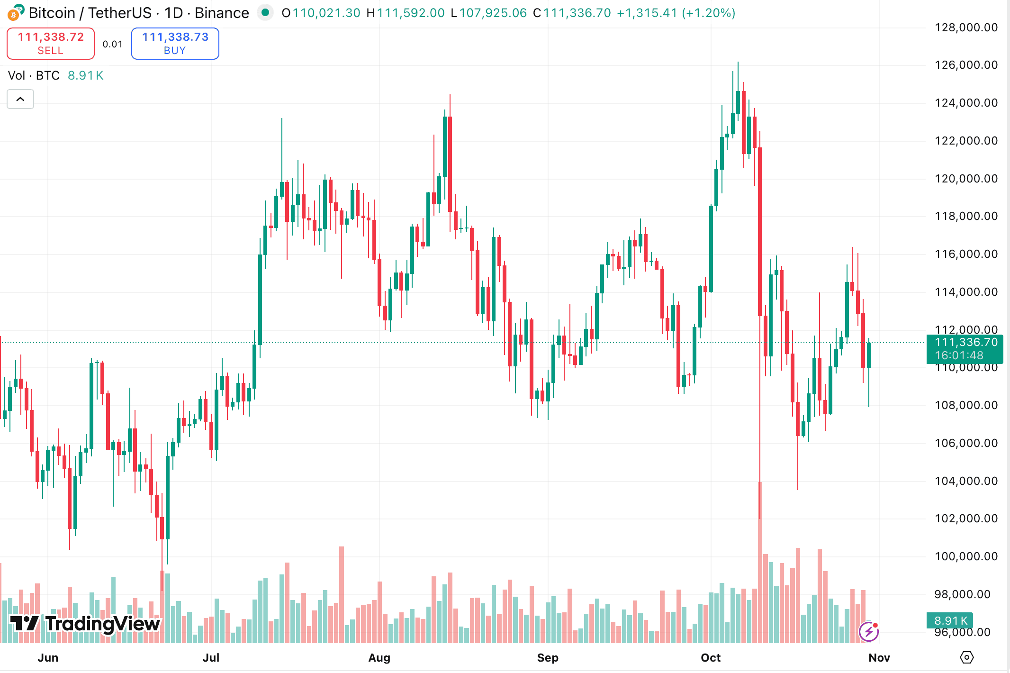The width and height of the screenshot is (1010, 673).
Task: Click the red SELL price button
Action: tap(51, 44)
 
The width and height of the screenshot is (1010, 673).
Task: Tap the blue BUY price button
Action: tap(175, 44)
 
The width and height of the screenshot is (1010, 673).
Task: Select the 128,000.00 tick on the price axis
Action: tap(966, 27)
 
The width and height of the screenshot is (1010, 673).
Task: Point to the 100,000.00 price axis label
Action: tap(966, 556)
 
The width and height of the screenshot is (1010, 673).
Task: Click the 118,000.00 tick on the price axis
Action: tap(966, 216)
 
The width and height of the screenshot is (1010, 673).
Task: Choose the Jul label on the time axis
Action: tap(211, 658)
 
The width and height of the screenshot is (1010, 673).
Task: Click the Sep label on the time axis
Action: tap(548, 658)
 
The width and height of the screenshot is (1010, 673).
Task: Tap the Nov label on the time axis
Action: tap(879, 658)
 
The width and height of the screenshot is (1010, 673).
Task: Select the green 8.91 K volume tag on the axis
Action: tap(950, 620)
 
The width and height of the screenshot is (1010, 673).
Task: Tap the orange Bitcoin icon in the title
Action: tap(14, 14)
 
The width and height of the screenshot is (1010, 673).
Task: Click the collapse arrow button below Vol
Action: tap(20, 99)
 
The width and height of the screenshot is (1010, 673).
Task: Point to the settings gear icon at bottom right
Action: tap(966, 657)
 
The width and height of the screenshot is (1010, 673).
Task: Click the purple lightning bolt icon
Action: tap(869, 631)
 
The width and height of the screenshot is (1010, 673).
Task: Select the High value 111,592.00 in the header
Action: tap(411, 13)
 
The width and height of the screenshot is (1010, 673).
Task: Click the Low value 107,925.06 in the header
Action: tap(493, 13)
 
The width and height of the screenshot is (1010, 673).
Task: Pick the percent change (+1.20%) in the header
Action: tap(709, 13)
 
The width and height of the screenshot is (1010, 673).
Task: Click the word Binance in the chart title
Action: tap(222, 13)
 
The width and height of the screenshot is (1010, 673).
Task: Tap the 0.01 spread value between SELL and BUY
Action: tap(113, 44)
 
